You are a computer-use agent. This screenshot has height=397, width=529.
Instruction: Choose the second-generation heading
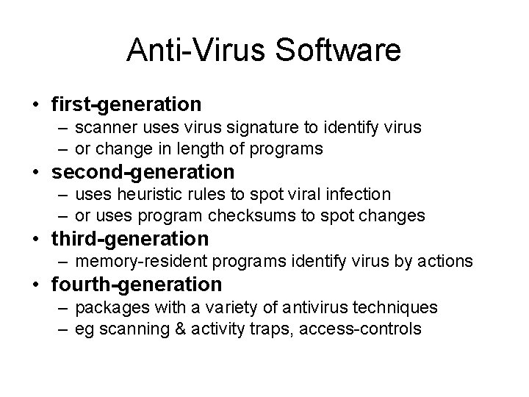coord(143,172)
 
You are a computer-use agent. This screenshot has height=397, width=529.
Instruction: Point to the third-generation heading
coord(130,239)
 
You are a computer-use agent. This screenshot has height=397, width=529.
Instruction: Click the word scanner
coord(102,127)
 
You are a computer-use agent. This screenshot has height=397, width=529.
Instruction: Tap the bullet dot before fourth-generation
coord(36,285)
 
